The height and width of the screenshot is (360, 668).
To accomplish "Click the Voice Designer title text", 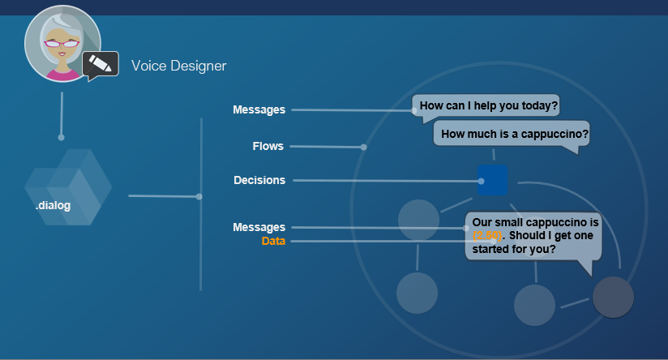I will [x=178, y=66].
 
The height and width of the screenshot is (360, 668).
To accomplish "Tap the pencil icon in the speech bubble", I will [x=101, y=63].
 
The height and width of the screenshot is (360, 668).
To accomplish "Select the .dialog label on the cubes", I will [x=53, y=206].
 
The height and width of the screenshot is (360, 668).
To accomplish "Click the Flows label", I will [x=268, y=147].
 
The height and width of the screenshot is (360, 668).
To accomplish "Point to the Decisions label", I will [x=259, y=180].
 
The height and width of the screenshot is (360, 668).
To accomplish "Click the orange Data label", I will [x=273, y=242].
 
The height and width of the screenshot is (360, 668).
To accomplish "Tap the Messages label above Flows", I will [x=259, y=109].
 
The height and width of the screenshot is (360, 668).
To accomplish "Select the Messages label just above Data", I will [x=259, y=228].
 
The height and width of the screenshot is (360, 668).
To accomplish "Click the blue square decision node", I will [x=492, y=180].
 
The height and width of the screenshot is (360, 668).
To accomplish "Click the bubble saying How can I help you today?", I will [x=489, y=106].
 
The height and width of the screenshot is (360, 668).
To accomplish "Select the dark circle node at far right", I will [x=613, y=297].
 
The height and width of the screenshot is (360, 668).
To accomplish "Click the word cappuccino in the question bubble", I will [x=555, y=134].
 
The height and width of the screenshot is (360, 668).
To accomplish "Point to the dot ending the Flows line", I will [x=364, y=148].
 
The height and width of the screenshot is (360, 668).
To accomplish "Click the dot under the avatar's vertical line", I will [x=61, y=137].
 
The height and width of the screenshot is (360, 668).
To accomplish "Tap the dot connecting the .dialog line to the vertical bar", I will [x=199, y=196].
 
